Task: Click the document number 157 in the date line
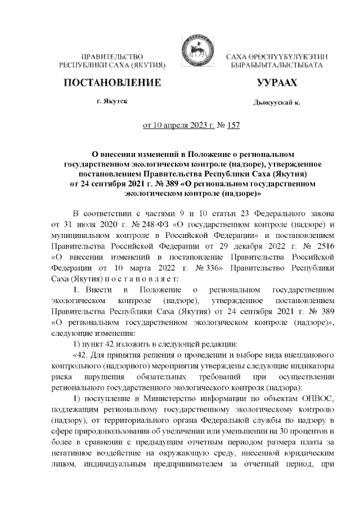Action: pyautogui.click(x=232, y=126)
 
